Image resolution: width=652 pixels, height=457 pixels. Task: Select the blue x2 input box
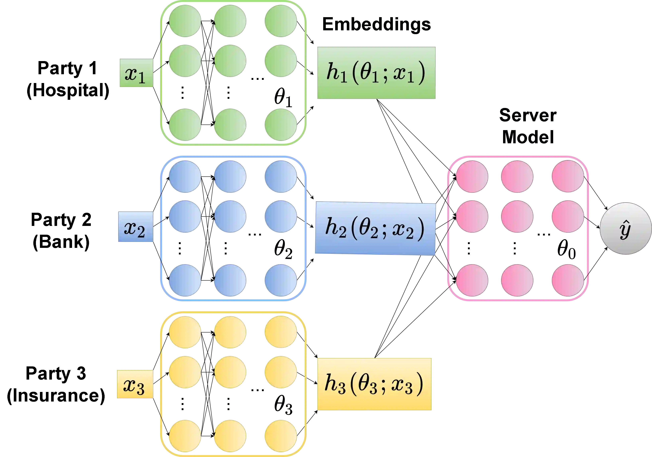pos(136,227)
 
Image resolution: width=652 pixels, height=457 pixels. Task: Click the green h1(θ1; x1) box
pos(376,73)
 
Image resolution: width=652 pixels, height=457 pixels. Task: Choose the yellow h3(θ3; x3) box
pos(374,384)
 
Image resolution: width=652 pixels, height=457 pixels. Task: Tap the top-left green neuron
pos(185,21)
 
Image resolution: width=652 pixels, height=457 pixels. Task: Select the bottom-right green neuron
pos(280,125)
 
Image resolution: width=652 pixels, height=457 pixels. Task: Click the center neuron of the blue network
pos(230,216)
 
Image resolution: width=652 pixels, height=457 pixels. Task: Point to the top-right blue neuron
pos(280,176)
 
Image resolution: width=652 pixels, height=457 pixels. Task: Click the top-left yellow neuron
pos(185,332)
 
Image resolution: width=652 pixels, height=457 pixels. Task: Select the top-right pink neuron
pos(568,176)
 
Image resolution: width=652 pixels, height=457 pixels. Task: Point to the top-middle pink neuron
pos(517,176)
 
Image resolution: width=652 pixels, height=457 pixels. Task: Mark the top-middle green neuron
pos(230,21)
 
